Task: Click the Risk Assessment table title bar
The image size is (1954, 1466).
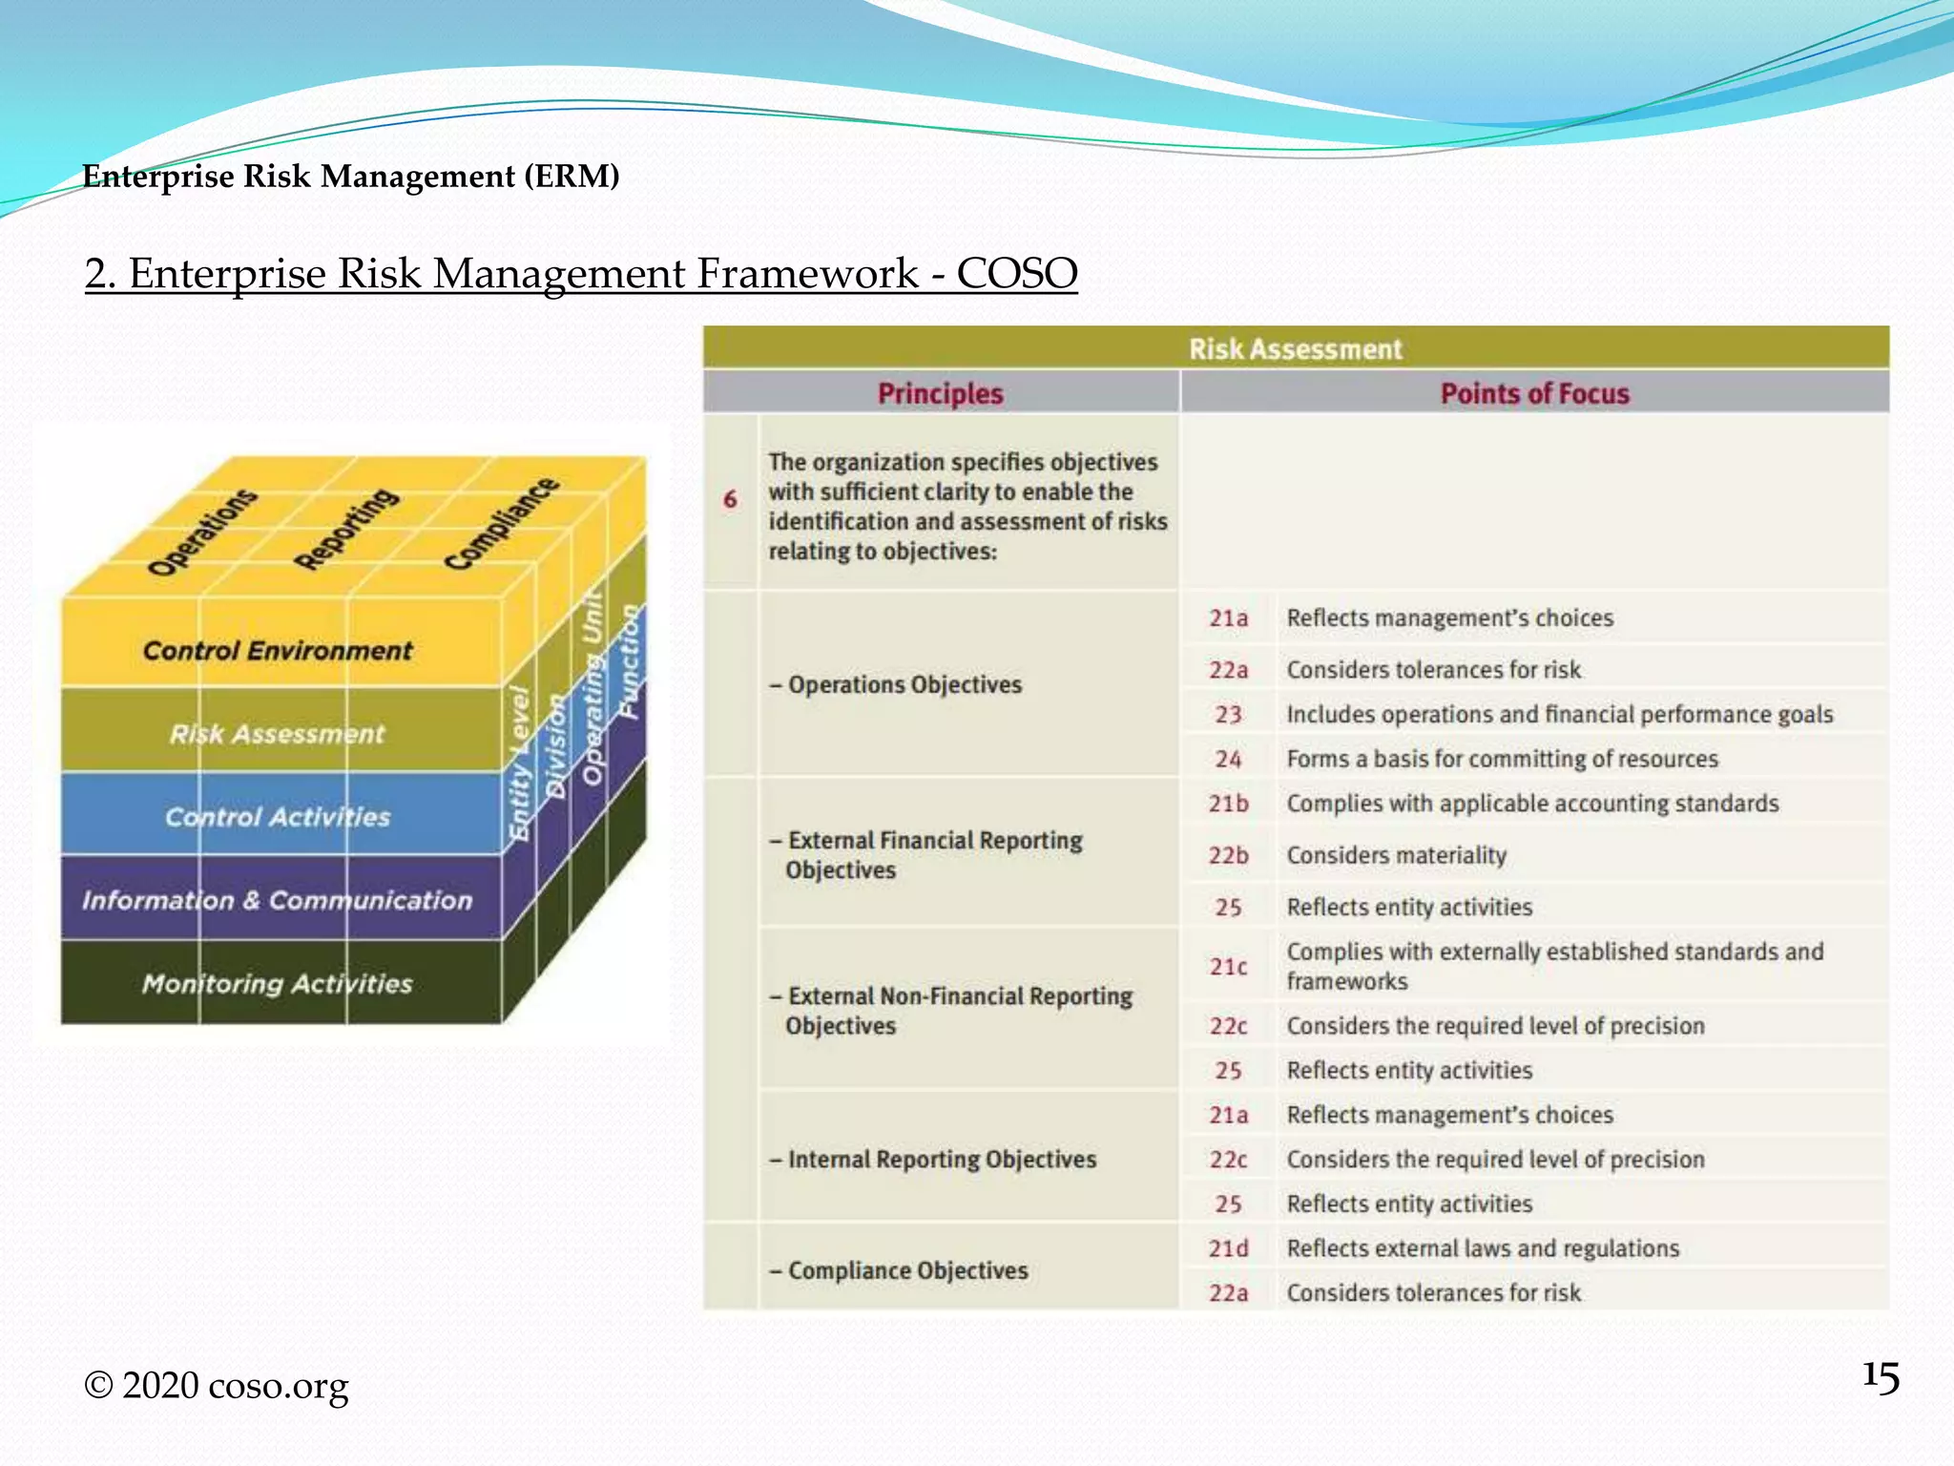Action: point(1295,348)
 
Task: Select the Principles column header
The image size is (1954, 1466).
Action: point(940,393)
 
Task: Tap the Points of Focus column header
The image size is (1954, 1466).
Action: point(1534,393)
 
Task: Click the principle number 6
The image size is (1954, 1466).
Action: point(730,499)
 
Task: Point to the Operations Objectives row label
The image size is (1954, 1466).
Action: point(896,684)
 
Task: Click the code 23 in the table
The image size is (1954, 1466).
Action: point(1228,715)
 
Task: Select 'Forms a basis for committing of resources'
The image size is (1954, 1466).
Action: point(1502,759)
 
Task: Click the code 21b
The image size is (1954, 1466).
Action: point(1228,804)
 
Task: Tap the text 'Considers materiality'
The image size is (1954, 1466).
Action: point(1396,855)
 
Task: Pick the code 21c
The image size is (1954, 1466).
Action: point(1228,967)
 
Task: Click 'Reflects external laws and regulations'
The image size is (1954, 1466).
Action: point(1482,1248)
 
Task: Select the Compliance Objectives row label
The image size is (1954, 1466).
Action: point(899,1270)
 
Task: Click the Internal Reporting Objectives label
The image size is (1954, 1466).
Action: point(933,1159)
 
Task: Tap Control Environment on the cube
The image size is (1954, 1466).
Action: point(277,651)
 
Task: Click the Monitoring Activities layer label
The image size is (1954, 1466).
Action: point(277,983)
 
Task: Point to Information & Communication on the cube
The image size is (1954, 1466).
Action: point(277,900)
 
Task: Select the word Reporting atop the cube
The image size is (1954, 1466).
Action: point(345,528)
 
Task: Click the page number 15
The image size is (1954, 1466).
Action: point(1880,1378)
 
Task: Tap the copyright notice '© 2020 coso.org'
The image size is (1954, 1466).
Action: point(217,1385)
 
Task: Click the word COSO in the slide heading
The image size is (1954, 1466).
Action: point(1016,273)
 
